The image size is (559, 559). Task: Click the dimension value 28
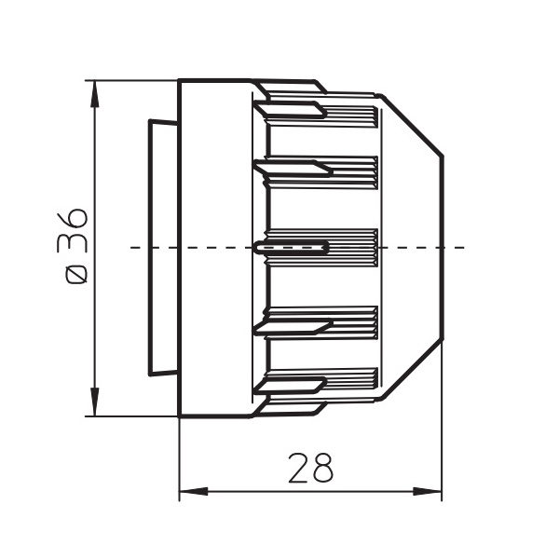(x=310, y=468)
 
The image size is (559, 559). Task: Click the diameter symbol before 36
(x=76, y=276)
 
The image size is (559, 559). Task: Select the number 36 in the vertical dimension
(x=72, y=230)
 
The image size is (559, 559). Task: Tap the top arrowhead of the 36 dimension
(x=94, y=94)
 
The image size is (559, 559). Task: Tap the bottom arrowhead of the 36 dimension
(x=94, y=402)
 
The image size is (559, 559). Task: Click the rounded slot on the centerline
(x=292, y=247)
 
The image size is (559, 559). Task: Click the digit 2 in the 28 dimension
(x=298, y=468)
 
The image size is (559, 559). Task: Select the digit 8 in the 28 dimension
(x=323, y=468)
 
